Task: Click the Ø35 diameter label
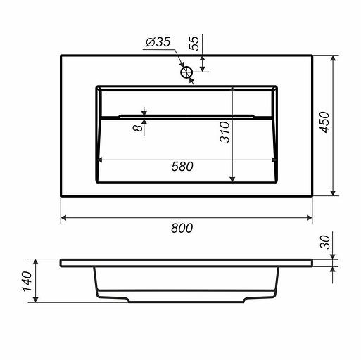pyautogui.click(x=158, y=42)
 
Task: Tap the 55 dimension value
pyautogui.click(x=194, y=44)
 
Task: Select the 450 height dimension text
pyautogui.click(x=325, y=122)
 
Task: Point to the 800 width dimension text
pyautogui.click(x=182, y=228)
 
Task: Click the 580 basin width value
pyautogui.click(x=182, y=167)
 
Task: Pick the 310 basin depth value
pyautogui.click(x=224, y=132)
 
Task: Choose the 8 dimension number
pyautogui.click(x=138, y=128)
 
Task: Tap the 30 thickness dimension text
pyautogui.click(x=325, y=242)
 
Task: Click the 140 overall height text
pyautogui.click(x=27, y=281)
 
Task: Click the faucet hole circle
pyautogui.click(x=186, y=72)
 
